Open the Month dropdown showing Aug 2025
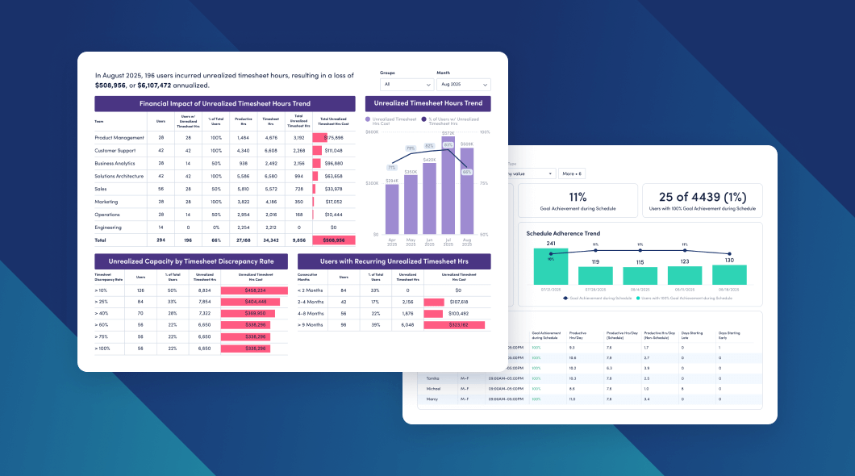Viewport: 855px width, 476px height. coord(463,84)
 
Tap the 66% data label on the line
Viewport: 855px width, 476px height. coord(466,172)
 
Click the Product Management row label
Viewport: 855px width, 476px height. coord(119,137)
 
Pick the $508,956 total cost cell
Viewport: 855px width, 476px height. coord(333,240)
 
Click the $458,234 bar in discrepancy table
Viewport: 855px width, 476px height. coord(254,290)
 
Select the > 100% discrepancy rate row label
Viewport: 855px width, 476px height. coord(102,349)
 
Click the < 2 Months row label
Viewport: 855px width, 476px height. coord(311,290)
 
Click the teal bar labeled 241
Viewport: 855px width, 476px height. coord(551,266)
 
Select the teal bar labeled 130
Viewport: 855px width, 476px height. coord(728,274)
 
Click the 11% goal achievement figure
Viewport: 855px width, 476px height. coord(577,197)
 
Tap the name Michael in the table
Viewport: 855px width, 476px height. coord(435,388)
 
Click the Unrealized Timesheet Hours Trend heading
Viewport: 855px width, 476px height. coord(427,103)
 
